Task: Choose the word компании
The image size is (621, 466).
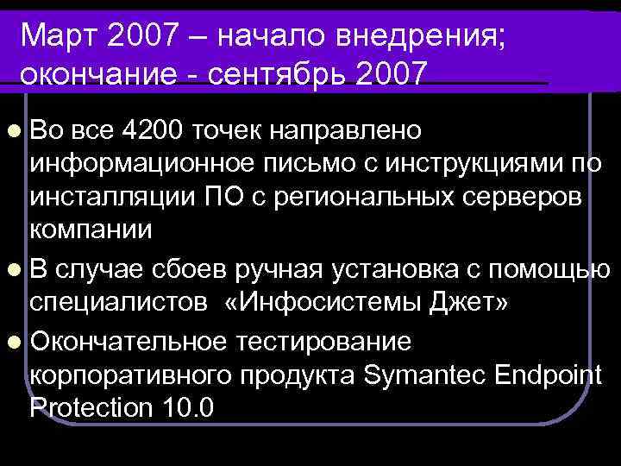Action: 91,230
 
